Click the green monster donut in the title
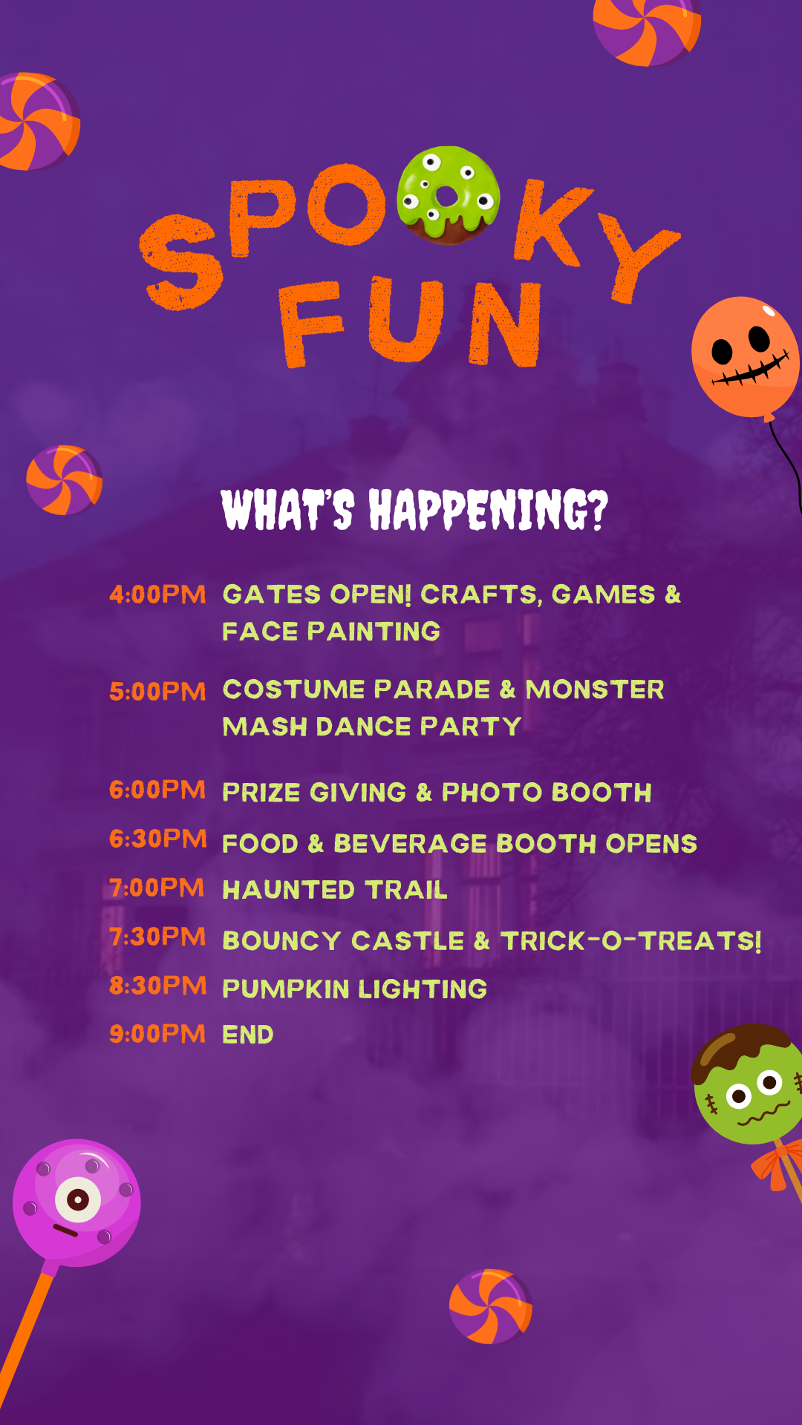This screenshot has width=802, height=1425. point(448,195)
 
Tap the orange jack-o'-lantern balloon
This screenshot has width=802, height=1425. point(745,357)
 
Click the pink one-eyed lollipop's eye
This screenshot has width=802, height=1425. point(78,1199)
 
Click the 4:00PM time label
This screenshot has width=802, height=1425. point(157,594)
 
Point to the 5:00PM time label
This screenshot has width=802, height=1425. point(157,692)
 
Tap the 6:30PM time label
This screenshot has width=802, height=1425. point(157,839)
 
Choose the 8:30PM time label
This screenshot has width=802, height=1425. point(157,986)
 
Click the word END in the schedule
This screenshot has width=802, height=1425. point(248,1035)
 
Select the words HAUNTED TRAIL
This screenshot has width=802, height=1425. point(335,890)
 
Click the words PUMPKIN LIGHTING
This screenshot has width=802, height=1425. point(355,989)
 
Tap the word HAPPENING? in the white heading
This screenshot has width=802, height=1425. point(489,510)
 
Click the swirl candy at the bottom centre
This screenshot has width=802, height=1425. point(490,1306)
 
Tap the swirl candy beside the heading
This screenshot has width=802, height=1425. point(64,480)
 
